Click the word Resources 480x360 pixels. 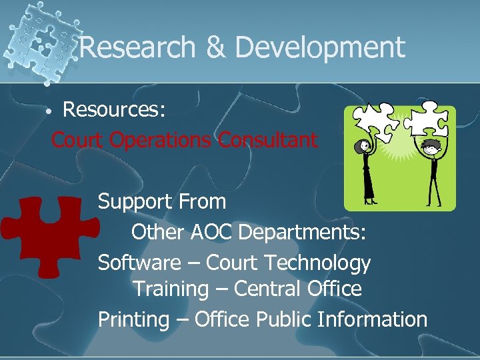[x=114, y=109]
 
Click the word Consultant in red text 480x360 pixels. [x=269, y=140]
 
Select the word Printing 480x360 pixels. [x=133, y=319]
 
